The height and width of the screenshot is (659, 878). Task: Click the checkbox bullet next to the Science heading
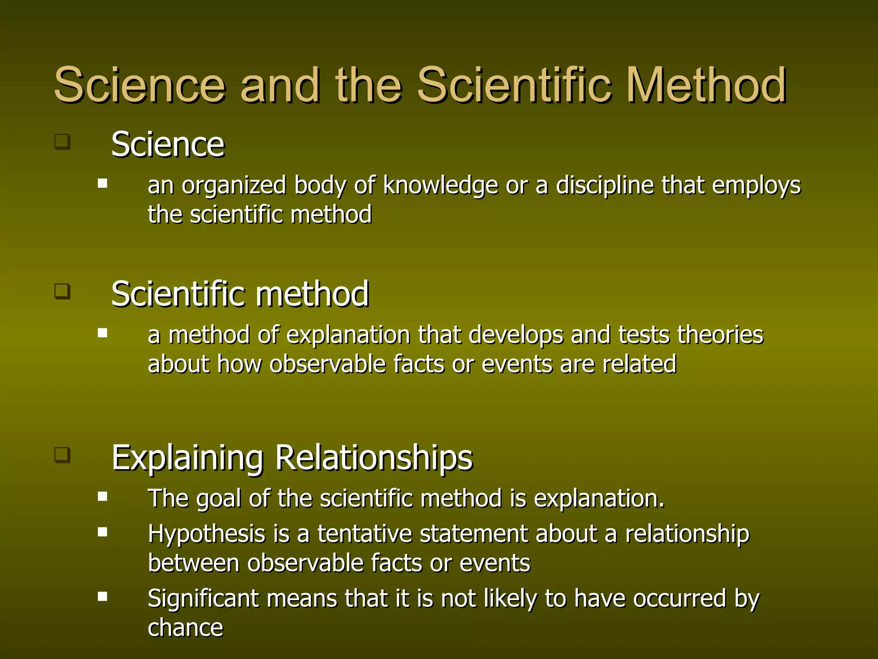pyautogui.click(x=62, y=142)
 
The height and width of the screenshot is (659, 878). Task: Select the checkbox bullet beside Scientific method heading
pyautogui.click(x=62, y=291)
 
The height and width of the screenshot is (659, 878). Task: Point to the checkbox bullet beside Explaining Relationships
pyautogui.click(x=62, y=454)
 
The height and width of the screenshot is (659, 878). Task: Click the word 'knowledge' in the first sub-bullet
pyautogui.click(x=440, y=186)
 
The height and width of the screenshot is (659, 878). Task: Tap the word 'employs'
pyautogui.click(x=756, y=186)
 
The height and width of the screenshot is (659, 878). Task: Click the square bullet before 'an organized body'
pyautogui.click(x=102, y=184)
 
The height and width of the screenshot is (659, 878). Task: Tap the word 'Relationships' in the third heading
pyautogui.click(x=373, y=458)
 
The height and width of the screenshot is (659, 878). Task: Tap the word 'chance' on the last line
pyautogui.click(x=185, y=628)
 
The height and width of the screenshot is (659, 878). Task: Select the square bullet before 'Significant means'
pyautogui.click(x=102, y=596)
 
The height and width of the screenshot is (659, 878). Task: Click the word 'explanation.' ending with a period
pyautogui.click(x=599, y=499)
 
